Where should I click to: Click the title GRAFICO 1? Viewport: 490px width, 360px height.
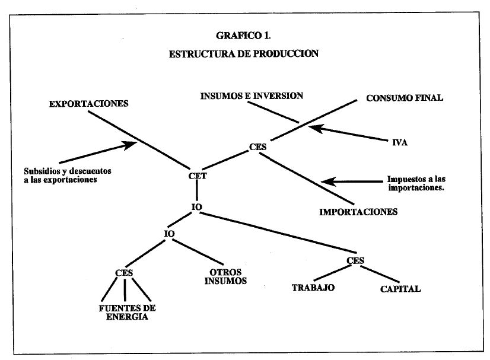[244, 35]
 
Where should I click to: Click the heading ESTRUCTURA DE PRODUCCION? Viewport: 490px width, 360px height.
[244, 53]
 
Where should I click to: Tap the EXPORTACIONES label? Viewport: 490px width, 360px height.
[88, 104]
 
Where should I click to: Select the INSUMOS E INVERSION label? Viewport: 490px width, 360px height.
[252, 95]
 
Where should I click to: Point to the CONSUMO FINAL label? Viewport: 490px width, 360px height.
[405, 98]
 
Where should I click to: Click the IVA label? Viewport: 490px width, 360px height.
[399, 142]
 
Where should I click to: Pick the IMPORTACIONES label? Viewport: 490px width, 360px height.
[358, 211]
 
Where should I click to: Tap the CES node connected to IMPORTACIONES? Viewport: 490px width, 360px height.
[257, 146]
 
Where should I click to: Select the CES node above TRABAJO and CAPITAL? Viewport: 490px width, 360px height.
[355, 260]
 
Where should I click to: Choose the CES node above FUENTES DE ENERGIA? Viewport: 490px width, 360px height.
[123, 273]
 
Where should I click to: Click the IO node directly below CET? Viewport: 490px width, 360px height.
[198, 206]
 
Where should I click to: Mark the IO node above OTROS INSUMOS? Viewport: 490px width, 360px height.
[169, 234]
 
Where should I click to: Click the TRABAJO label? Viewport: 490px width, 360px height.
[313, 288]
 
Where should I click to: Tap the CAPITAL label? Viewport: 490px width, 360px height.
[400, 289]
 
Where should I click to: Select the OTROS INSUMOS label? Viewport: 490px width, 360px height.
[225, 277]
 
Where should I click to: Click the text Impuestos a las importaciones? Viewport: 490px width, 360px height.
[416, 183]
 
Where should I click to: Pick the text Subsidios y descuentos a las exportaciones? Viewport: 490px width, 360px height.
[63, 175]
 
